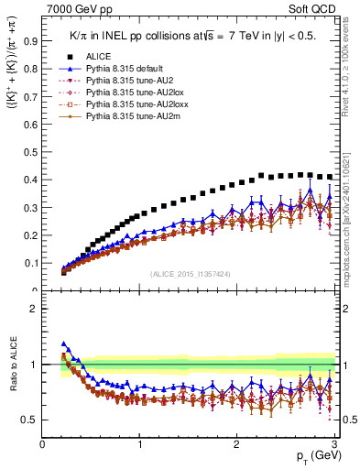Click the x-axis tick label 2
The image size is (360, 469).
(236, 444)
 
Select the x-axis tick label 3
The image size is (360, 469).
(333, 444)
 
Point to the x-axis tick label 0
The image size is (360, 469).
(43, 444)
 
